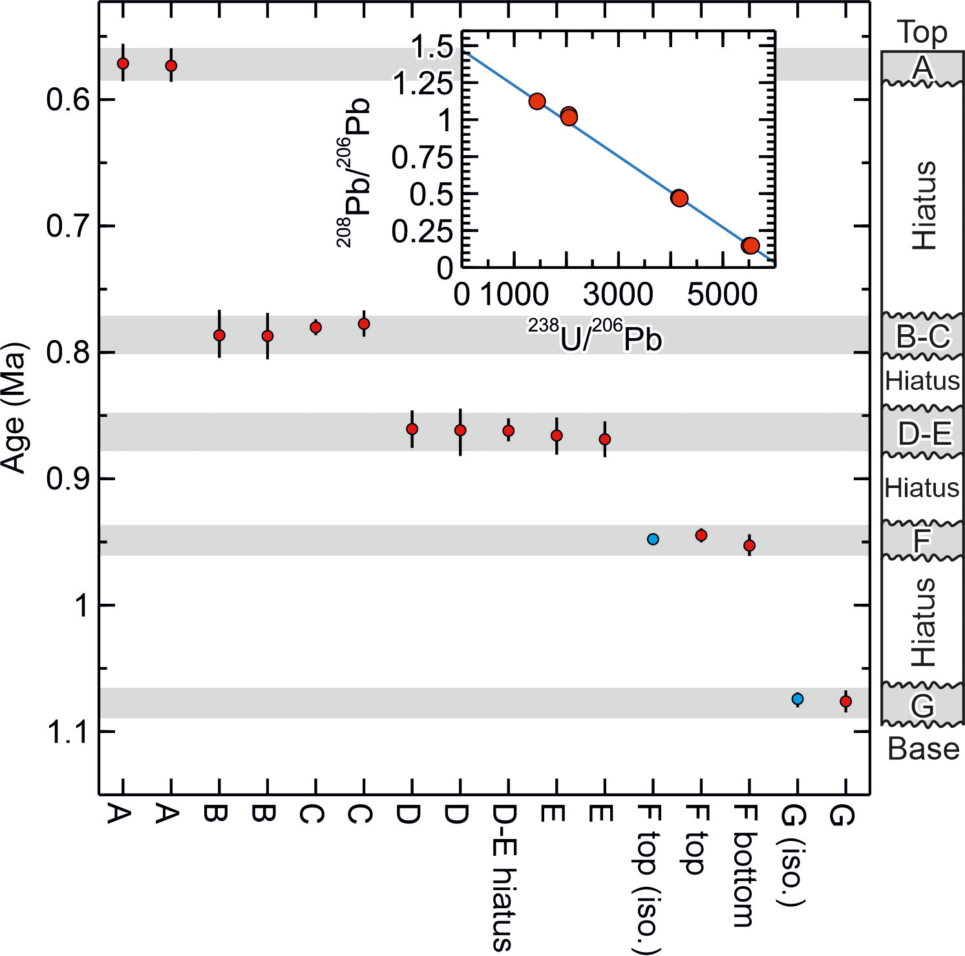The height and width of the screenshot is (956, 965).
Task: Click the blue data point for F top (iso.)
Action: pos(653,539)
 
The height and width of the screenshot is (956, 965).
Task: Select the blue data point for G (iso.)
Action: pos(798,699)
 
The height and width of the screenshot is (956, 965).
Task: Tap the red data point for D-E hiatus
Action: pos(509,430)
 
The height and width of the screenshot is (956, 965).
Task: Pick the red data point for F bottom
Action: pos(749,546)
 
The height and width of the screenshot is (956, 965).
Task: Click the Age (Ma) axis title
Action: pos(14,408)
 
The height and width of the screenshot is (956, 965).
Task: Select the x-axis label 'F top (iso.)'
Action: pos(650,879)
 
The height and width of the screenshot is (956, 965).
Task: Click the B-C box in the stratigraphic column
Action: pos(923,335)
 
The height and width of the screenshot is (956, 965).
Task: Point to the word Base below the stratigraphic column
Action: pos(923,749)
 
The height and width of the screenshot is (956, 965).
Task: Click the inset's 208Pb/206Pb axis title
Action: pos(353,173)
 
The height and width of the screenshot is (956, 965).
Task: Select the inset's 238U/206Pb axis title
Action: pos(595,335)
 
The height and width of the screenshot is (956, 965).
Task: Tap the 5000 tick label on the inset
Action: pos(722,295)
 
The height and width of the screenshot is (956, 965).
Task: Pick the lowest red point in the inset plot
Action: pos(750,245)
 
